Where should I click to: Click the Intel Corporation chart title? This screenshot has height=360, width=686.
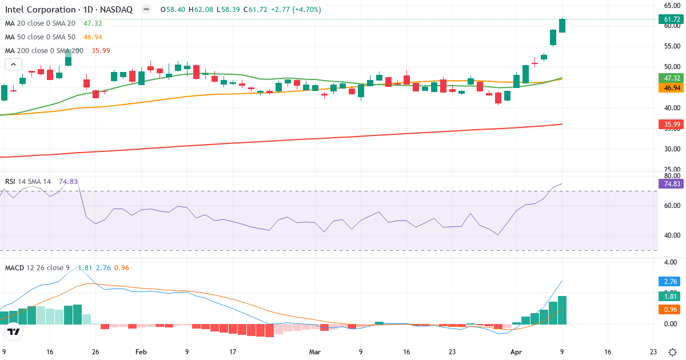click(69, 10)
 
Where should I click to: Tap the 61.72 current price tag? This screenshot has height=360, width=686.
click(671, 19)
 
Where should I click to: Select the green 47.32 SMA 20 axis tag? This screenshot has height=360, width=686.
click(671, 78)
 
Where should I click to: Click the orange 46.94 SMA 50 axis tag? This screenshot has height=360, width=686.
click(671, 88)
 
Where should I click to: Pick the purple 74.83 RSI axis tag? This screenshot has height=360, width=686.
click(671, 183)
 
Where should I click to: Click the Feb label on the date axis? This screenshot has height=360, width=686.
click(141, 352)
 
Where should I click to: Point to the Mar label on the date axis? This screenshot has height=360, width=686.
click(315, 352)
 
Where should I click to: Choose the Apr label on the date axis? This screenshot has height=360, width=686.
click(516, 352)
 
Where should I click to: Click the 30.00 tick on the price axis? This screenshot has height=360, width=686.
click(671, 149)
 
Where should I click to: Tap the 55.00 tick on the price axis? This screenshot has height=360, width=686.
click(671, 46)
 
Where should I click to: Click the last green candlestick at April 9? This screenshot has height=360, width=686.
click(562, 26)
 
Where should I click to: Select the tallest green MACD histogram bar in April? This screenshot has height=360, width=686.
click(562, 310)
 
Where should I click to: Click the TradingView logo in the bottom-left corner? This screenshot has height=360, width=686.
click(14, 332)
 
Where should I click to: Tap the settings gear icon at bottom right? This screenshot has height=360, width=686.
click(673, 352)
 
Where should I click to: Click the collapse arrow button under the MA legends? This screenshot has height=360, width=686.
click(13, 64)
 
